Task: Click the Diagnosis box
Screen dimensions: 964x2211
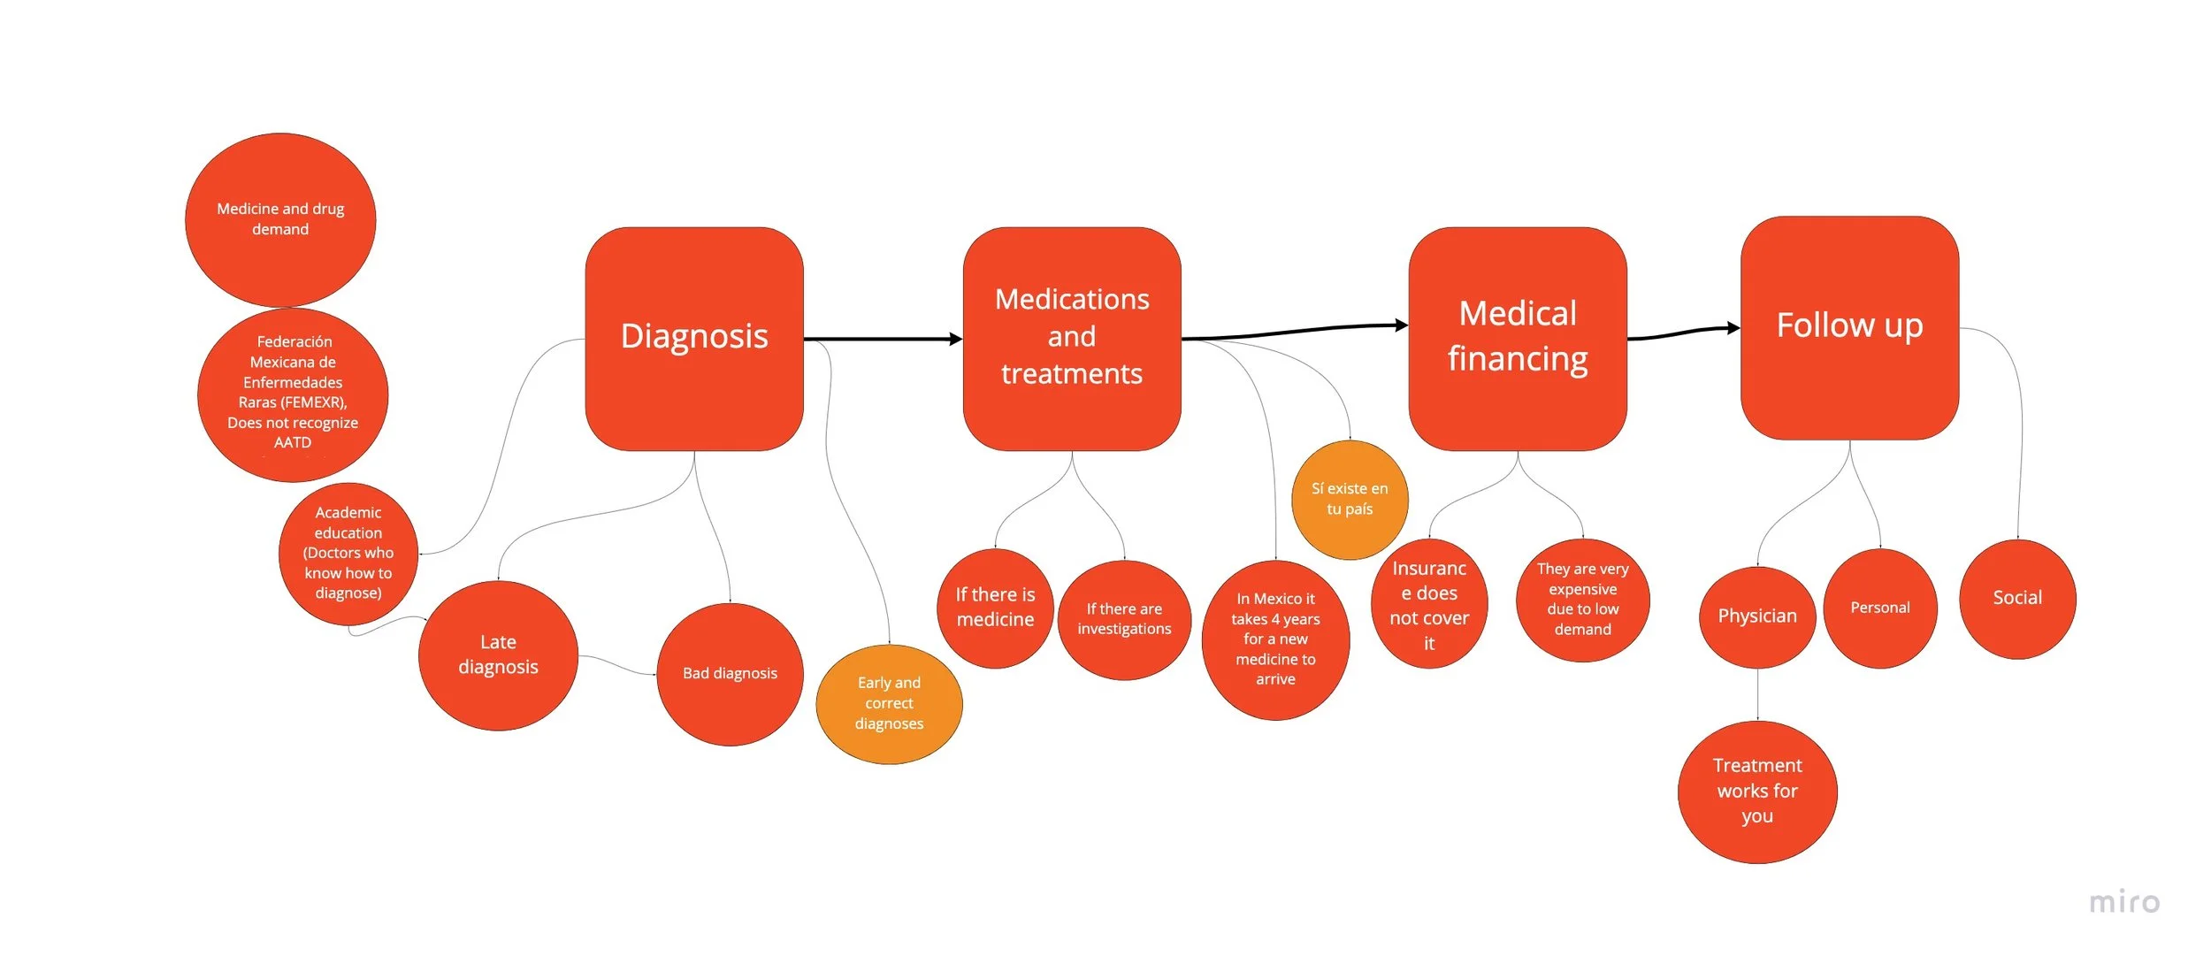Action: point(694,338)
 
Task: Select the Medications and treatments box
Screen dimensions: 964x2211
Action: point(1072,338)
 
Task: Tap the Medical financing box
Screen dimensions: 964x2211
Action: point(1518,338)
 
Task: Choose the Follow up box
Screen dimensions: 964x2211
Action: point(1849,327)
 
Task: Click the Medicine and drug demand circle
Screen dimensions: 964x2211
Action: point(280,219)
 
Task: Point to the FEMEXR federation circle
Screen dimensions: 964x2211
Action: point(293,394)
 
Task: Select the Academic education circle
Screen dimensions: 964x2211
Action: point(348,553)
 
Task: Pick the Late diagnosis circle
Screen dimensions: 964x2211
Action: point(498,655)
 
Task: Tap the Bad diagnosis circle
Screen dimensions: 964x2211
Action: point(730,674)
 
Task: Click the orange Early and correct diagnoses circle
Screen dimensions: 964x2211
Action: point(889,704)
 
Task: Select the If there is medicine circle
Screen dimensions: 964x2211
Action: point(995,608)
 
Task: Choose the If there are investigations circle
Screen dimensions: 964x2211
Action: point(1124,619)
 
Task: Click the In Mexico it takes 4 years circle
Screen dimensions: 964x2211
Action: point(1275,639)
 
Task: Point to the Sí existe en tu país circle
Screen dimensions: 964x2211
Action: point(1350,500)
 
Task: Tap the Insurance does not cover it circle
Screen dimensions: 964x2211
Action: point(1429,604)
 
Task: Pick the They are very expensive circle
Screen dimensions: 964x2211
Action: point(1582,600)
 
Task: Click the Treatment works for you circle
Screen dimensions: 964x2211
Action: point(1757,792)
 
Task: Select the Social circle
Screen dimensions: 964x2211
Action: point(2017,599)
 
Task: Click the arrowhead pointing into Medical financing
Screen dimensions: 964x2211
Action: point(1402,325)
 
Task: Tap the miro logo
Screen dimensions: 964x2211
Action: point(2124,903)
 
